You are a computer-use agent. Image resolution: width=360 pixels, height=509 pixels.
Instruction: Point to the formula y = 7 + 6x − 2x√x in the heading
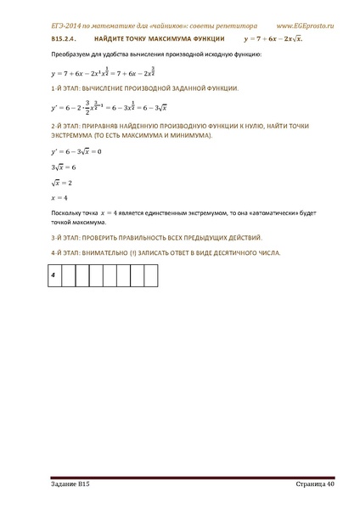273,39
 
